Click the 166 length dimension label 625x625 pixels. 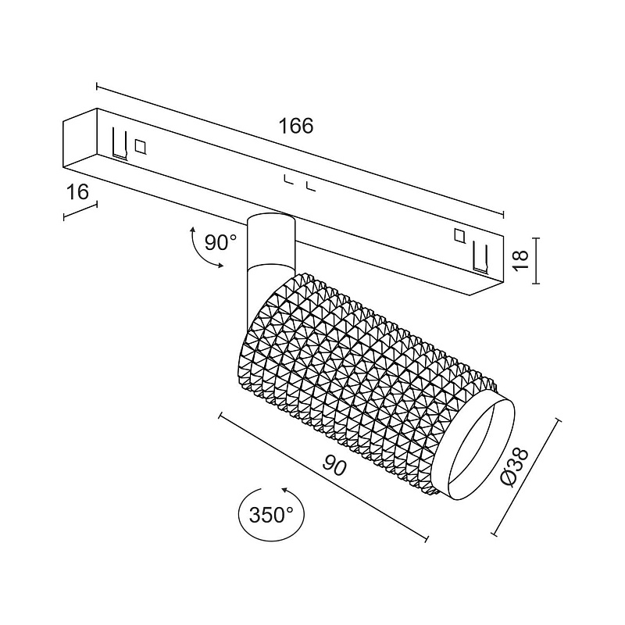coord(297,126)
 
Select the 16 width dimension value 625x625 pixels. coord(78,192)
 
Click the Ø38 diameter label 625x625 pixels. coord(516,466)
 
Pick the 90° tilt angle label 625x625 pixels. coord(220,242)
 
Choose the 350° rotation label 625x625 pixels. coord(271,515)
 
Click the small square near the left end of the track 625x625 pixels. coord(141,145)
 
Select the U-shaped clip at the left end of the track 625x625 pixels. coord(119,142)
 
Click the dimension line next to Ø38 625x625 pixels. coord(528,476)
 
